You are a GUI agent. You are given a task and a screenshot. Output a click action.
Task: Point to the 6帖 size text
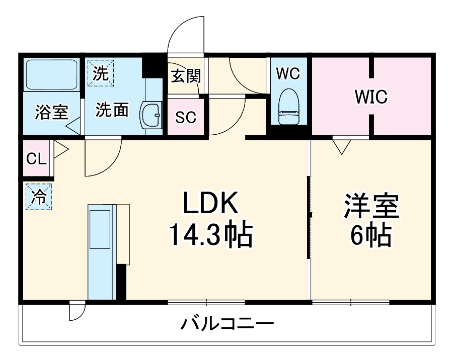pos(371,234)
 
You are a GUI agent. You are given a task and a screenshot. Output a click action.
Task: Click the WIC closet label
pos(371,97)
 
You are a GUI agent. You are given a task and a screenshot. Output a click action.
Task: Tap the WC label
pos(288,73)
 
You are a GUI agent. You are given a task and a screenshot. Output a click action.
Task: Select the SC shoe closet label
pos(186,117)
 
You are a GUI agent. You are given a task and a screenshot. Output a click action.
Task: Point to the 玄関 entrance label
pos(186,76)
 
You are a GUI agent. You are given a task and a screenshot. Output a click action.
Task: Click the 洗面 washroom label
pos(112,110)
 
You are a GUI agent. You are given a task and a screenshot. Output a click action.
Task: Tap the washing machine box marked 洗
pos(101,73)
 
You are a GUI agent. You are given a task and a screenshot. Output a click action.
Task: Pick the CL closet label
pos(36,158)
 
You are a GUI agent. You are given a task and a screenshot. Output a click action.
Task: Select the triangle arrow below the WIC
pos(342,146)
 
